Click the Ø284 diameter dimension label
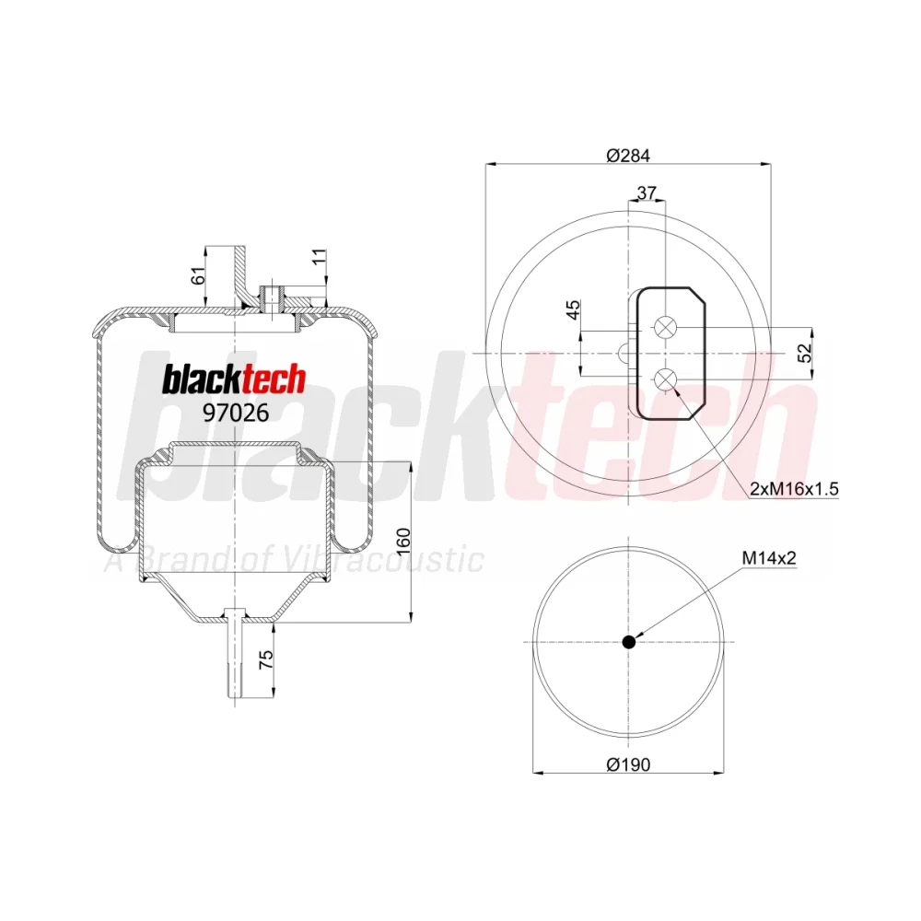(628, 155)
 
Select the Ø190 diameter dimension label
(628, 764)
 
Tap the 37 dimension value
(647, 192)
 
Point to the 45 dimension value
(573, 309)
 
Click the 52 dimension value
(805, 353)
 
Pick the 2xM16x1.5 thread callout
(794, 488)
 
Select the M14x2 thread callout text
(769, 558)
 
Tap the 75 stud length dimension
(266, 659)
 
